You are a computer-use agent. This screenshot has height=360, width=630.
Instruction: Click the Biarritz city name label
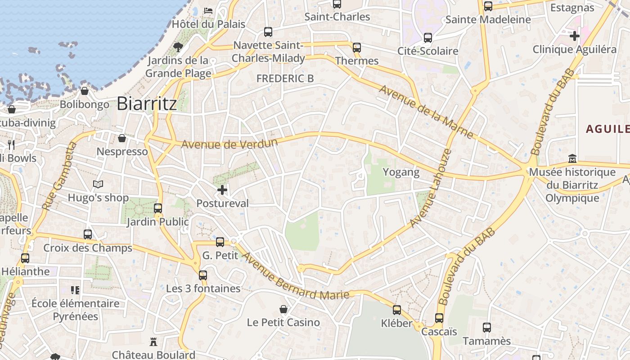pos(147,103)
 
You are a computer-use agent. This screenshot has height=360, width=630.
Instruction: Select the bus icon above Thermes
pos(357,48)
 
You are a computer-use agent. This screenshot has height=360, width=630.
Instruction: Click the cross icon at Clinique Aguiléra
pos(575,36)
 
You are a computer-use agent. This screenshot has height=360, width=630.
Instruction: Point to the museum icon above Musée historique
pos(572,158)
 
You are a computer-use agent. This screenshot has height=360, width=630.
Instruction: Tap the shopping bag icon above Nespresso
pos(122,138)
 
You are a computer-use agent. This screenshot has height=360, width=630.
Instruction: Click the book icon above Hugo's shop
pos(98,184)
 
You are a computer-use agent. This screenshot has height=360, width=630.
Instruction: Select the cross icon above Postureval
pos(222,190)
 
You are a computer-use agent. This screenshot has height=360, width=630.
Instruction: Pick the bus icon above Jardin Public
pos(158,208)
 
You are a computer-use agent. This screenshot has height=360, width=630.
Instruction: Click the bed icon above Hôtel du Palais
pos(208,10)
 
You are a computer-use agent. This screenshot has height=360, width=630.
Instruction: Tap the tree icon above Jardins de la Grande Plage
pos(178,46)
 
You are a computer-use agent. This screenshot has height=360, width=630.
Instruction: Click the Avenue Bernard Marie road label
pos(295,277)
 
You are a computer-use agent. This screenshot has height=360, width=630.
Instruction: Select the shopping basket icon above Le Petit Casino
pos(283,309)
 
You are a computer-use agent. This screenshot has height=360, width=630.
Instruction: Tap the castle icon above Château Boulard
pos(153,342)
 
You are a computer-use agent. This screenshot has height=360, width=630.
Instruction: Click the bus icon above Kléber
pos(396,310)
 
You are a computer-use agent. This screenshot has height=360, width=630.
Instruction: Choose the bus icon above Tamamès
pos(486,327)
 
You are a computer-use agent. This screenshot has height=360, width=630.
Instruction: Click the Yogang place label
pos(401,172)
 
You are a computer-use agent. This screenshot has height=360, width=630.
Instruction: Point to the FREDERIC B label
pos(285,78)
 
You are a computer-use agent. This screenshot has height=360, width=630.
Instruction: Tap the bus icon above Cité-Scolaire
pos(427,38)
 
